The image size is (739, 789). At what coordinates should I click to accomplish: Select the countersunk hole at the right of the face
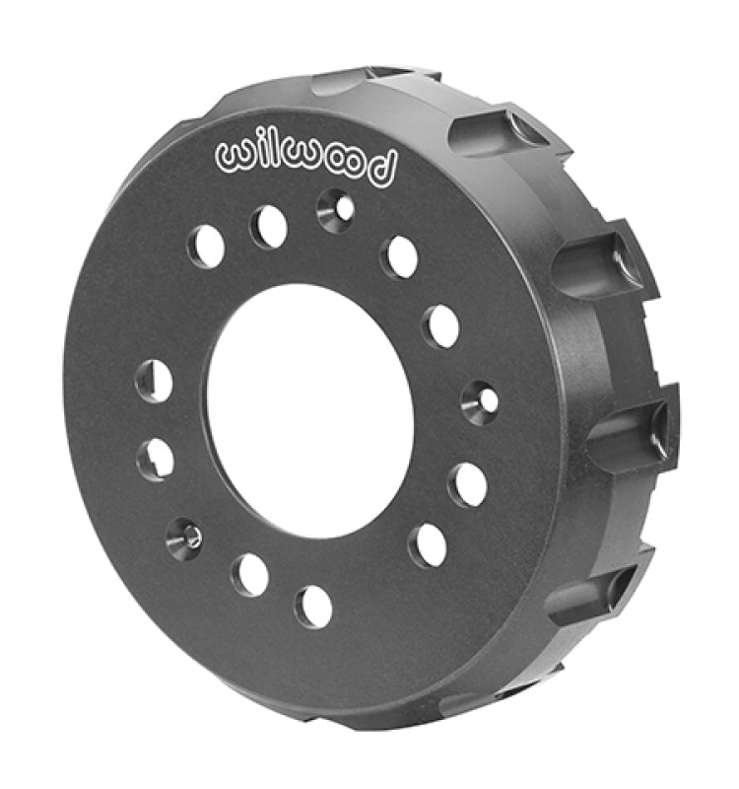(x=480, y=396)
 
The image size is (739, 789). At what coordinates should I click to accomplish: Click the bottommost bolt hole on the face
(x=313, y=606)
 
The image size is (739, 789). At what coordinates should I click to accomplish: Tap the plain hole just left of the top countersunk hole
(x=269, y=228)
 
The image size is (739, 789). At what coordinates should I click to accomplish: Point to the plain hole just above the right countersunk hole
(x=440, y=324)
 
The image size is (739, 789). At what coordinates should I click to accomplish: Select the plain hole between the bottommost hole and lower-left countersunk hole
(x=250, y=573)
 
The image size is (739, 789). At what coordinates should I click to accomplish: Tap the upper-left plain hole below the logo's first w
(x=207, y=246)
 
